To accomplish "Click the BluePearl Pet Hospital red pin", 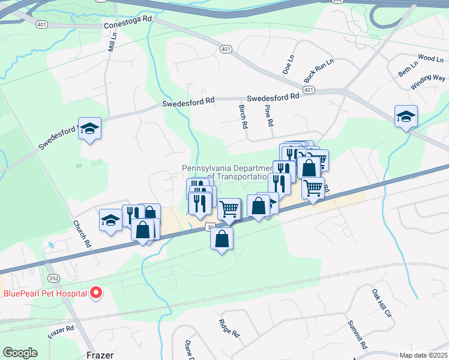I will point(96,293).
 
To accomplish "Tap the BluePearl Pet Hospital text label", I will point(45,294).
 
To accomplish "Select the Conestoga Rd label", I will point(128,22).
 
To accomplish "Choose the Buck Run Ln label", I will point(318,70).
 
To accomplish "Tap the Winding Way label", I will point(428,82).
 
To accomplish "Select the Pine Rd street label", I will point(270,115).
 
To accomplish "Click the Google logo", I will point(20,353).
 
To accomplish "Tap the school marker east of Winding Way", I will point(406,116).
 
